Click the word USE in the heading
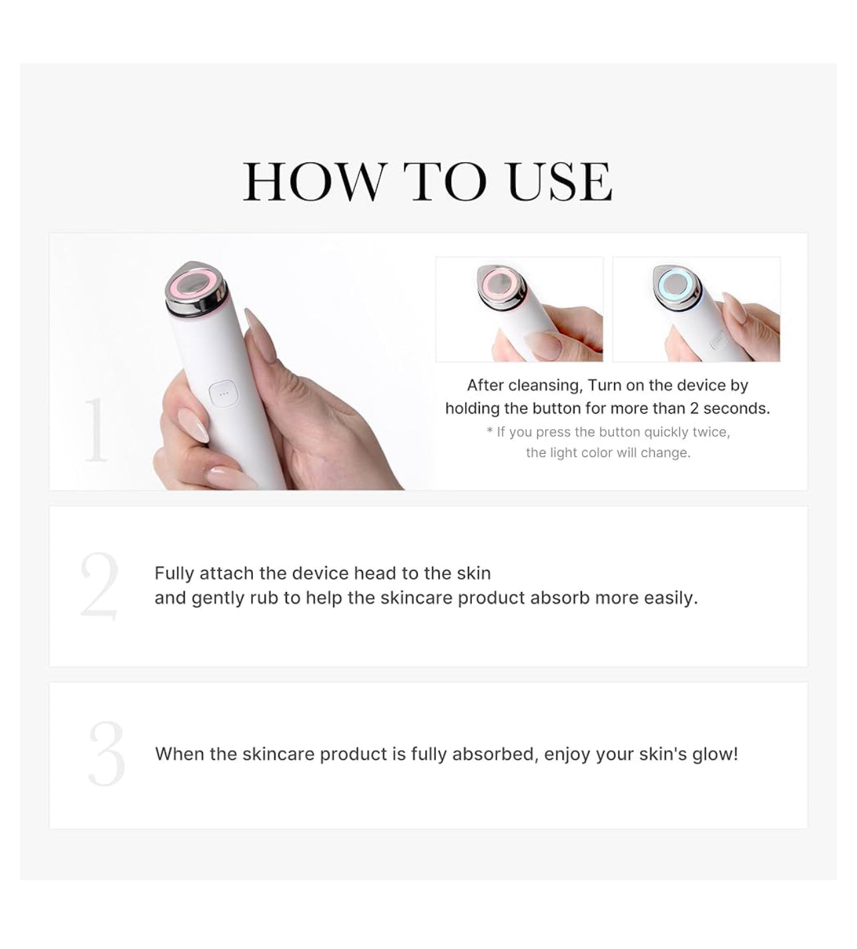[560, 182]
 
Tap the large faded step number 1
[96, 430]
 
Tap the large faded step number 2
[99, 586]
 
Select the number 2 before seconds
[694, 408]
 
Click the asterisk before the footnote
[490, 430]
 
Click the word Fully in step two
[175, 574]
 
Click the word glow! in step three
[716, 755]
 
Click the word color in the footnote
[597, 452]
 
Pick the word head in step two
[376, 573]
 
